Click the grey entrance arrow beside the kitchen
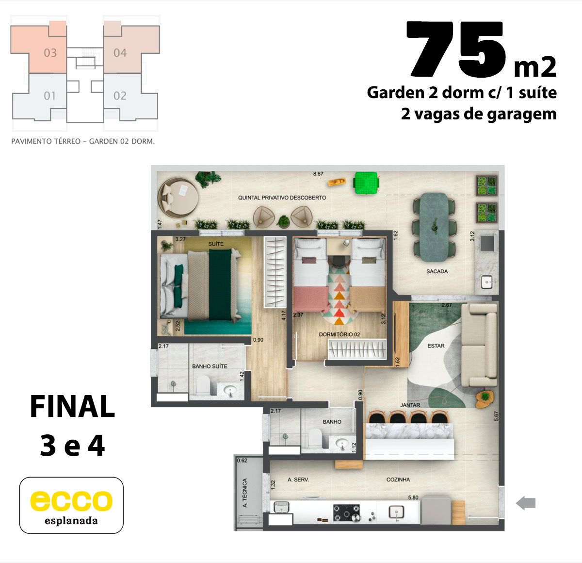click(x=525, y=502)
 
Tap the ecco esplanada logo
click(x=71, y=505)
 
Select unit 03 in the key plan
click(x=50, y=53)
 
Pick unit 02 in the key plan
click(x=120, y=96)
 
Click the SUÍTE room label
click(x=216, y=244)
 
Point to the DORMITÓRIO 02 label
click(x=339, y=334)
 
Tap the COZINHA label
click(x=398, y=480)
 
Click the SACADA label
click(x=437, y=271)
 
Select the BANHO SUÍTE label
click(x=210, y=366)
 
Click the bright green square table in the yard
click(x=366, y=182)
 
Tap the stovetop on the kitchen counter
click(x=347, y=513)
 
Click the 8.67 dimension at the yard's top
click(x=318, y=174)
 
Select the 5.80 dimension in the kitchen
click(x=413, y=497)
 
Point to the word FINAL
click(x=72, y=406)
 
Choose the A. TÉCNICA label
click(x=244, y=493)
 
